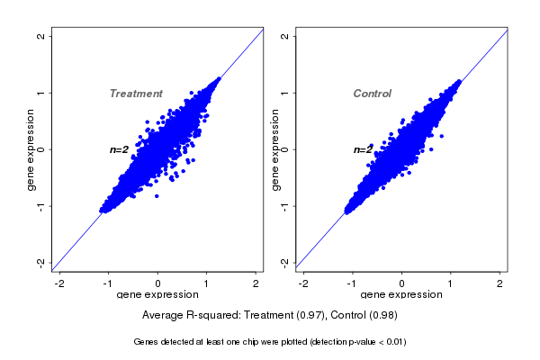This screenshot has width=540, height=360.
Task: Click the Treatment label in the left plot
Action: coord(136,94)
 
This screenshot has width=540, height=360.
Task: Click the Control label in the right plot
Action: coord(373,94)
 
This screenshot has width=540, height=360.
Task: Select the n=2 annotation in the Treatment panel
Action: coord(120,149)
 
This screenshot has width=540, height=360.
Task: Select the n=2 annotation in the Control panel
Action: coord(363,149)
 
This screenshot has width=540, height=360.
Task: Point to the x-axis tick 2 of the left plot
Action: coord(256,283)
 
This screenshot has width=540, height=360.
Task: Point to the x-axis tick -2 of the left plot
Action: coord(59,283)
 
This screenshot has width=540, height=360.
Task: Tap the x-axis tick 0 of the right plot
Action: coord(401,283)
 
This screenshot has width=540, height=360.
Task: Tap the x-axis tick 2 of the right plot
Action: coord(500,283)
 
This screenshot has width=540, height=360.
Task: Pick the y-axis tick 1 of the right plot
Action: coord(285,93)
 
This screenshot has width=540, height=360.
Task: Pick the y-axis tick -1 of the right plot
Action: coord(285,205)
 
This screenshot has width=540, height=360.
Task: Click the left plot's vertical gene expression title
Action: coord(31,149)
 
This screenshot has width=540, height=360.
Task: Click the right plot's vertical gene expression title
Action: coord(275,149)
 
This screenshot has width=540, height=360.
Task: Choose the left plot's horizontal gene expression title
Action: coord(157,295)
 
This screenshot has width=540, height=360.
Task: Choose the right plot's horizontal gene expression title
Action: coord(401,295)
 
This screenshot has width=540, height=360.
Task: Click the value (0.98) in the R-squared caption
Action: coord(382,316)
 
